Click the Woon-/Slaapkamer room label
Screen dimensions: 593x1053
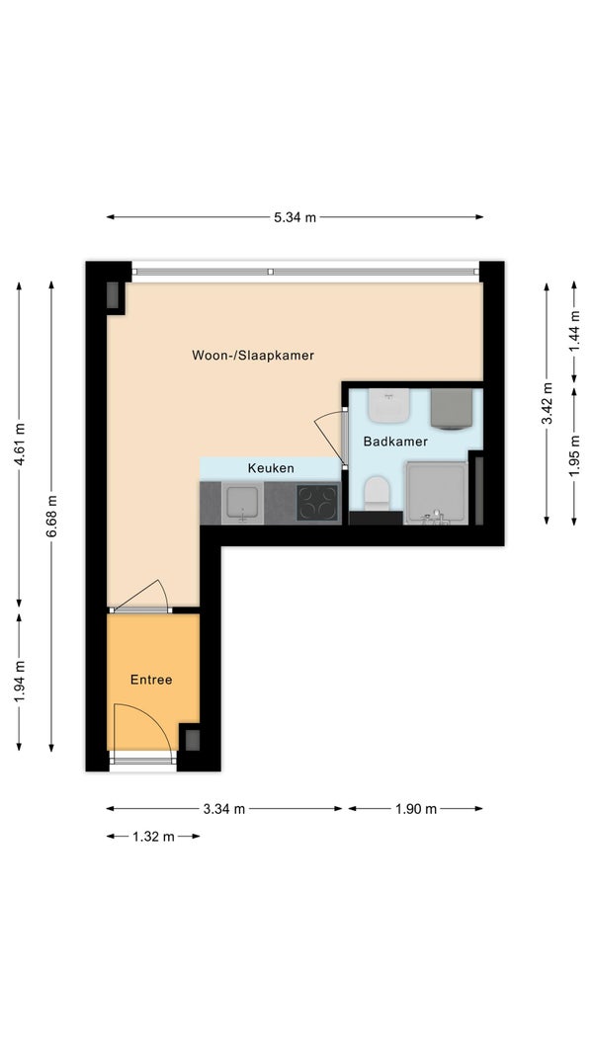pos(252,356)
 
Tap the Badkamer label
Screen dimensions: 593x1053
pos(395,442)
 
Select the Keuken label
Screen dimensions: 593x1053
pos(271,468)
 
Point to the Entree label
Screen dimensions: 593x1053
pos(151,680)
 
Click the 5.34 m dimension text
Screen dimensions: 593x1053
pos(295,217)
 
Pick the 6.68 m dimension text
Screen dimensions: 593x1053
pos(51,517)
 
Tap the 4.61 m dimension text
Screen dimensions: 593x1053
pos(20,445)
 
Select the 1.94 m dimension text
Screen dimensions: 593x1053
pos(20,681)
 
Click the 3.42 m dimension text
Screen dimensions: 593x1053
pos(548,403)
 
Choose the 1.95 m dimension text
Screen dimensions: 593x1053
pos(574,456)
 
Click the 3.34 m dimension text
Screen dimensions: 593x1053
pos(224,809)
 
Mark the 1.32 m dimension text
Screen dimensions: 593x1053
pos(153,837)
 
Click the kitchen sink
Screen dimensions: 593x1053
pos(242,503)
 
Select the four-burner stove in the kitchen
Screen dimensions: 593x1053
pos(317,503)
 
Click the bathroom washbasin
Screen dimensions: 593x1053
pos(388,406)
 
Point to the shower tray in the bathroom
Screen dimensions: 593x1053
pos(435,494)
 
